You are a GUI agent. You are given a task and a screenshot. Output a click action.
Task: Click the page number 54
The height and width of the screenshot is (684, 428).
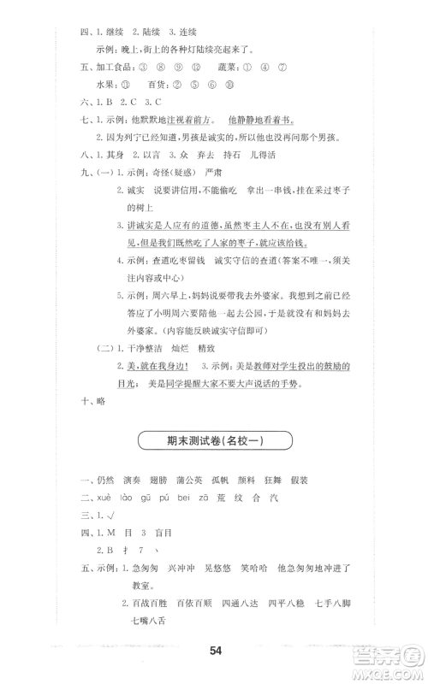coord(215,652)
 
